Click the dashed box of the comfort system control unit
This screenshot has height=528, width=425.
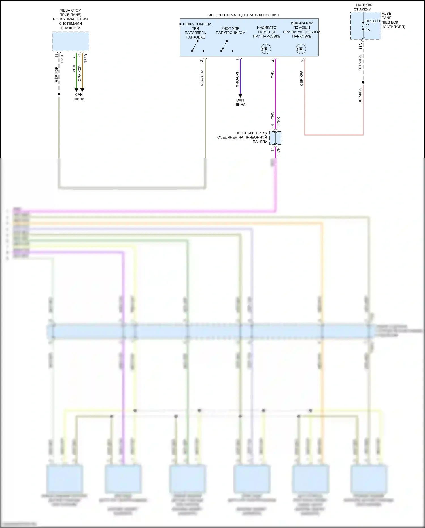pyautogui.click(x=70, y=41)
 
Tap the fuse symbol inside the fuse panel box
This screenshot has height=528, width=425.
pyautogui.click(x=363, y=26)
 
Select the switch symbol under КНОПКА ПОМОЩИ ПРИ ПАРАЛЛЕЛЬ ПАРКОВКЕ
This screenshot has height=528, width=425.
pyautogui.click(x=195, y=46)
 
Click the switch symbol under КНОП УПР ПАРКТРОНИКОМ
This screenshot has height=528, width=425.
pyautogui.click(x=224, y=46)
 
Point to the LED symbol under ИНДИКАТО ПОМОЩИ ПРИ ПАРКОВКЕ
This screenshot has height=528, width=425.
pyautogui.click(x=266, y=49)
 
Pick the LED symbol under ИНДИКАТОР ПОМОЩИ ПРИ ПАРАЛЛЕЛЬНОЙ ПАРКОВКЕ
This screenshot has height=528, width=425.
pyautogui.click(x=301, y=49)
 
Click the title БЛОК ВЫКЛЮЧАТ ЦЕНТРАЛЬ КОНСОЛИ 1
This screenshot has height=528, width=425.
pyautogui.click(x=243, y=15)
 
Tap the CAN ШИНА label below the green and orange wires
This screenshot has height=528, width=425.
pyautogui.click(x=79, y=97)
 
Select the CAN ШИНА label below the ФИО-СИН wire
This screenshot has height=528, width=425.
pyautogui.click(x=240, y=102)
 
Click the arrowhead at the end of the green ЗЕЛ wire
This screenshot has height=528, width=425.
pyautogui.click(x=76, y=90)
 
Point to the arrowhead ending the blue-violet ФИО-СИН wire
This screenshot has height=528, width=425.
pyautogui.click(x=240, y=96)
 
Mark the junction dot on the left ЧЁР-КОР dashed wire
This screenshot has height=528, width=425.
pyautogui.click(x=59, y=94)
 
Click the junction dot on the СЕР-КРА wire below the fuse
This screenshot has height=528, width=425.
pyautogui.click(x=363, y=82)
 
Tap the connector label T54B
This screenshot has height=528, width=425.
pyautogui.click(x=62, y=59)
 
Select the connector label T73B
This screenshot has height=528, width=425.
pyautogui.click(x=86, y=58)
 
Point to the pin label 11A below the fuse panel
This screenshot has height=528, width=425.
pyautogui.click(x=360, y=46)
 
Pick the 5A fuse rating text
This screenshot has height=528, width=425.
pyautogui.click(x=368, y=30)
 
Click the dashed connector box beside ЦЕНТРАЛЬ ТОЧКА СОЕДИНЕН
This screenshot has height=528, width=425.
pyautogui.click(x=275, y=138)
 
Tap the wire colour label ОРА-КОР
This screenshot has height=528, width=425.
pyautogui.click(x=80, y=73)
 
